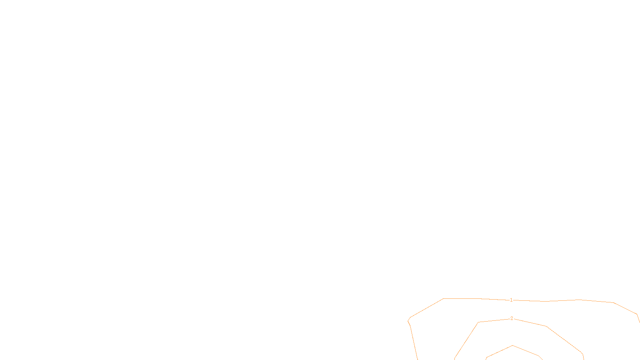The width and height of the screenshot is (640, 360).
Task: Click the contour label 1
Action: [x=511, y=300]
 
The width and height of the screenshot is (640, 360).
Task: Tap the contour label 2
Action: [x=512, y=318]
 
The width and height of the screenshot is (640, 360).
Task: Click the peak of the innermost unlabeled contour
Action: [x=513, y=346]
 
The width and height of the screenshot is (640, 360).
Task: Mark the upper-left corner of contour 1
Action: [x=444, y=299]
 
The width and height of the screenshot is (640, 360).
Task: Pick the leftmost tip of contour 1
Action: [x=408, y=320]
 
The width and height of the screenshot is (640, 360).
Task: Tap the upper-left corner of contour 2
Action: [x=478, y=322]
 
